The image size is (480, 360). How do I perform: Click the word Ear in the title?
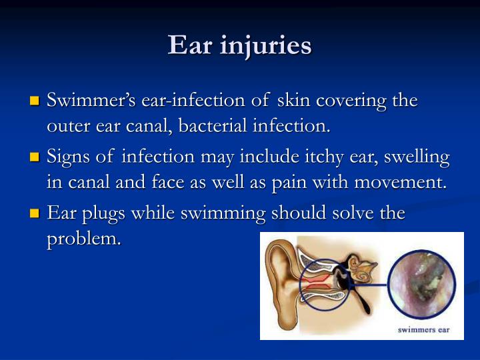(x=190, y=45)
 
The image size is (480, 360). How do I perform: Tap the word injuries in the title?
(x=266, y=47)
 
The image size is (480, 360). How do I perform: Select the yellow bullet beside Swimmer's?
(x=35, y=101)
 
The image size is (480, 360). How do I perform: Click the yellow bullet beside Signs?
(x=35, y=157)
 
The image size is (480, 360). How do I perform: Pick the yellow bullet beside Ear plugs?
(x=35, y=213)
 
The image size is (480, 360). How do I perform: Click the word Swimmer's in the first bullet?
(x=91, y=100)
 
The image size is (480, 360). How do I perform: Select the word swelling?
(x=417, y=157)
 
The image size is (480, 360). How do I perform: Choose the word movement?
(x=401, y=183)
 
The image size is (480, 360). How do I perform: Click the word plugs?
(x=103, y=214)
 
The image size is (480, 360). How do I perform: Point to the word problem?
(x=84, y=240)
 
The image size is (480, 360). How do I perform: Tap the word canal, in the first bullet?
(x=149, y=126)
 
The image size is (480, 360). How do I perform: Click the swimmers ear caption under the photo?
(x=424, y=330)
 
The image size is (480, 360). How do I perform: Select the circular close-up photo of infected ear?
(x=421, y=285)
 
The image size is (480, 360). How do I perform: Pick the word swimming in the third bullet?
(x=223, y=214)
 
